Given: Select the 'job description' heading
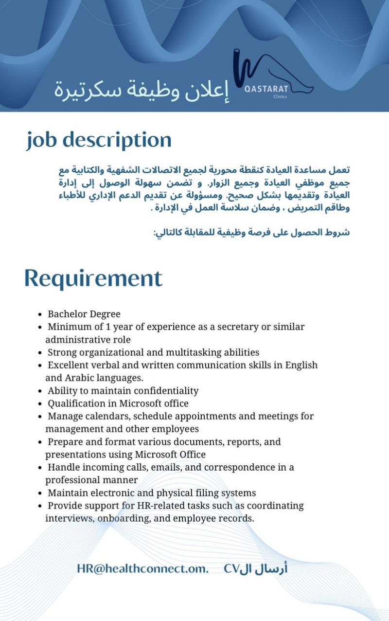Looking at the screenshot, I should [x=99, y=140].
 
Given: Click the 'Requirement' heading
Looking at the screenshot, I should [x=93, y=278].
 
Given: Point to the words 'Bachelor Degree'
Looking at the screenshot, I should [x=84, y=314].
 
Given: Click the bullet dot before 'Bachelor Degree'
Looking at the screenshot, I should [x=40, y=314].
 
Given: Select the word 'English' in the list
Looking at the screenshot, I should [x=301, y=365].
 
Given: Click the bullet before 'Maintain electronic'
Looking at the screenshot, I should [x=40, y=493].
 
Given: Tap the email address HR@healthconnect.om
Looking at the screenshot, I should [x=142, y=568].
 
